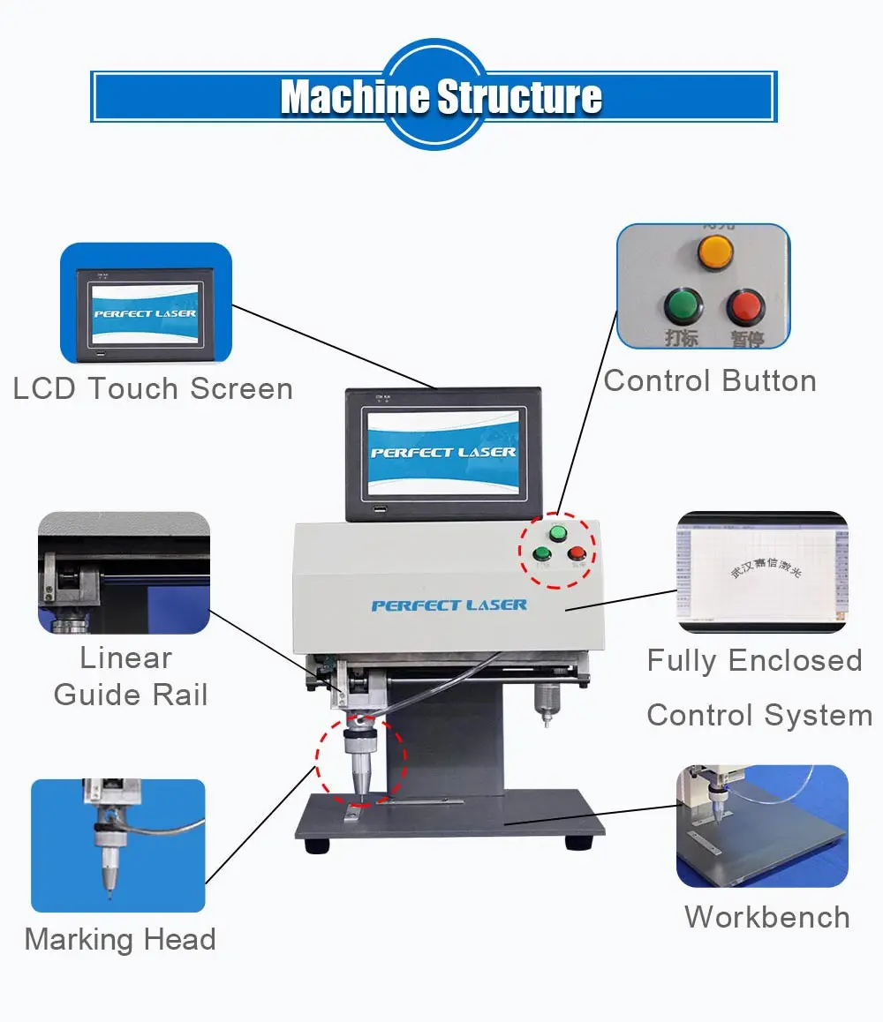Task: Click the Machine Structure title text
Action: (441, 96)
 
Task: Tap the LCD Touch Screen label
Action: (153, 388)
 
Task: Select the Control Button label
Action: (710, 381)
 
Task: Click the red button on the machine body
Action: (577, 553)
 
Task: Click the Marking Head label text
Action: (120, 938)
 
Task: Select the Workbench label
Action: (766, 917)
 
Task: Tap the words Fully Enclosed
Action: (754, 660)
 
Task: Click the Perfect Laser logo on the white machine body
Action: (449, 605)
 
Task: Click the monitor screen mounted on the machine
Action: (442, 451)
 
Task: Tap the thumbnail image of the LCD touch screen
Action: (146, 304)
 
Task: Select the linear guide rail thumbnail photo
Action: (124, 572)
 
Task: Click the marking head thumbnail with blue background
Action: (118, 845)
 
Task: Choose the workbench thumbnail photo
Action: (762, 825)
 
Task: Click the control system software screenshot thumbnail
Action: (762, 572)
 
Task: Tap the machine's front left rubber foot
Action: (317, 845)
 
